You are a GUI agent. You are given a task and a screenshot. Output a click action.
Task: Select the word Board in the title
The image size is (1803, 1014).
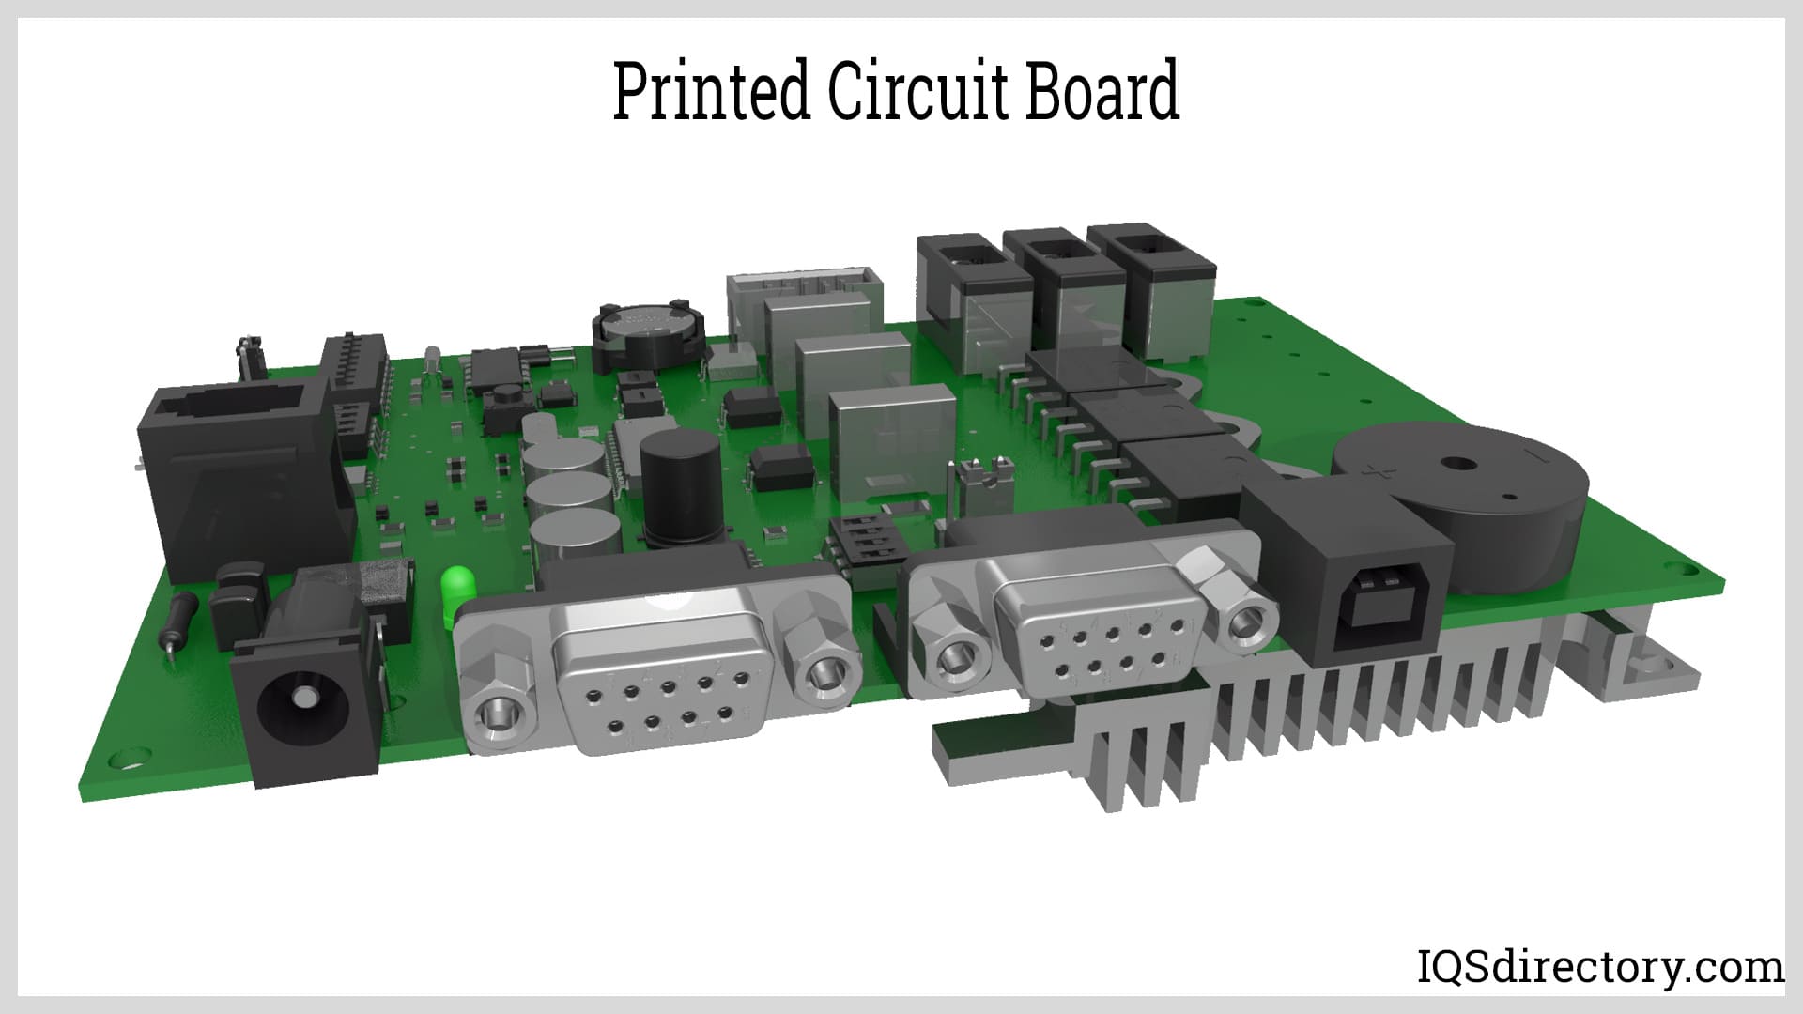(x=1101, y=91)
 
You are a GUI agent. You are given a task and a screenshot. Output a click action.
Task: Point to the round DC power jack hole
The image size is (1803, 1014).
(x=302, y=699)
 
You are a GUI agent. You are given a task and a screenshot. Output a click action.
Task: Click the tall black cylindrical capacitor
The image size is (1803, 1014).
(x=680, y=493)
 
